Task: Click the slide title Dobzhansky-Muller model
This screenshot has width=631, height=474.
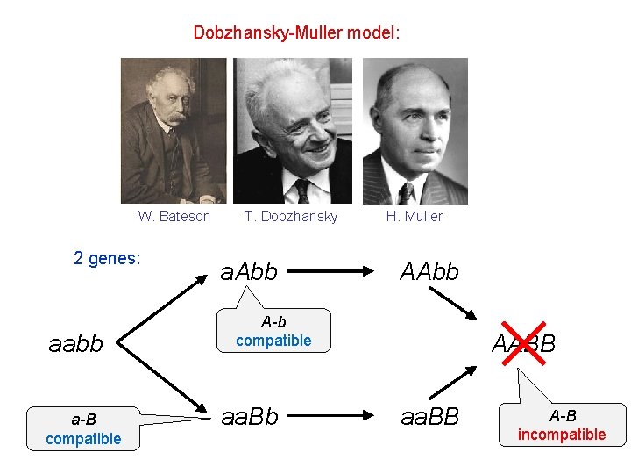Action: tap(296, 33)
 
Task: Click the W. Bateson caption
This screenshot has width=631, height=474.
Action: tap(174, 216)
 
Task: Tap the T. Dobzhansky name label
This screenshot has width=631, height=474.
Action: tap(291, 216)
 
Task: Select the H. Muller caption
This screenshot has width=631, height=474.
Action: tap(415, 216)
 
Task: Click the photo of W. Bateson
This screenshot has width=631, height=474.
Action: tap(173, 131)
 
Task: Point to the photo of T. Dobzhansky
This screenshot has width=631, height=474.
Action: tap(292, 131)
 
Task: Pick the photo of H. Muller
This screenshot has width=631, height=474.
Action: tap(415, 131)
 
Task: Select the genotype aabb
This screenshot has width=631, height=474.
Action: tap(76, 343)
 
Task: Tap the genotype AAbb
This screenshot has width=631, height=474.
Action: tap(429, 272)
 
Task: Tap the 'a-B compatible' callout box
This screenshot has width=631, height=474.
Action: tap(83, 428)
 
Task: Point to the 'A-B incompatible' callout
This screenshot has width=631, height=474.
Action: tap(562, 425)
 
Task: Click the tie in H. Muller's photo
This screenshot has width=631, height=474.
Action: tap(406, 192)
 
